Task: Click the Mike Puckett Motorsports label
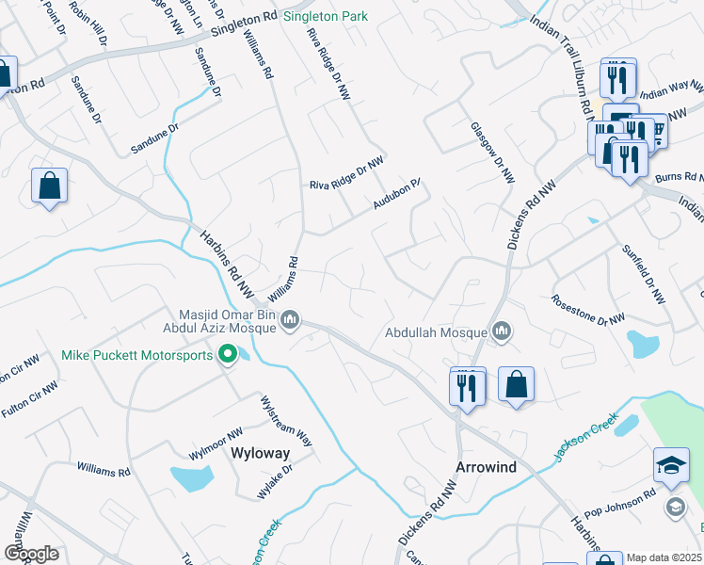coord(136,355)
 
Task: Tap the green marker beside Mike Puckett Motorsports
coord(227,355)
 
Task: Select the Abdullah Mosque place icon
coord(502,331)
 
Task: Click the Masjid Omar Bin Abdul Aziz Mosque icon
coord(291,322)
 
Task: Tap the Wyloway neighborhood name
coord(261,453)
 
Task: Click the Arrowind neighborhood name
coord(486,467)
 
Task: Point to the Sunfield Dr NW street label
coord(644,273)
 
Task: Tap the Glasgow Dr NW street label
coord(494,151)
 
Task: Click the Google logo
coord(31,553)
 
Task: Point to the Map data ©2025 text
coord(664,557)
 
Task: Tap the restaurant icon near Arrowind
coord(468,386)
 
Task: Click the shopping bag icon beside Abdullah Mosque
coord(516,384)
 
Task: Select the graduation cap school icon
coord(671,466)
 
